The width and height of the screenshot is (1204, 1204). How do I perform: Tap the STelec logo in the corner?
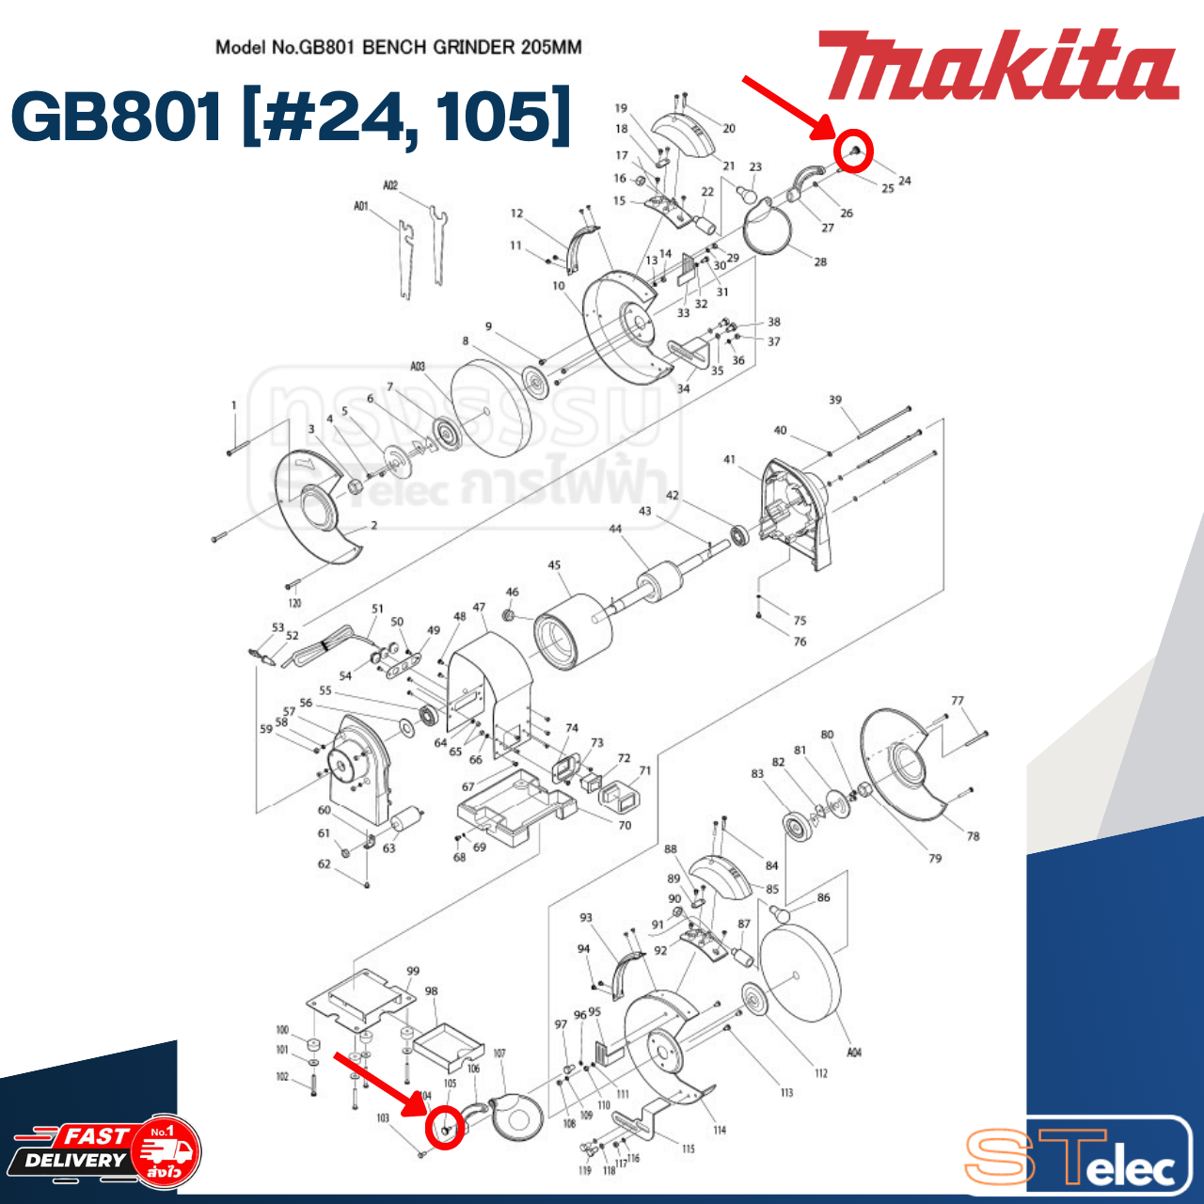[1077, 1156]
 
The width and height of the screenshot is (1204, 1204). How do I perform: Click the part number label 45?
[554, 565]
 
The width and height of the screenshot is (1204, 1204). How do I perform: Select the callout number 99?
[413, 971]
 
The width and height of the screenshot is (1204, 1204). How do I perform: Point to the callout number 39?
[835, 400]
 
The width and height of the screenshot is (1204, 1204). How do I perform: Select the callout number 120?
[294, 603]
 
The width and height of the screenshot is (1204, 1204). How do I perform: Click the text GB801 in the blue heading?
[117, 117]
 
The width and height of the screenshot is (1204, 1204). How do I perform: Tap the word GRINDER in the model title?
[479, 47]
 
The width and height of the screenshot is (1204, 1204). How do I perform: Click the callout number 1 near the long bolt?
[234, 405]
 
